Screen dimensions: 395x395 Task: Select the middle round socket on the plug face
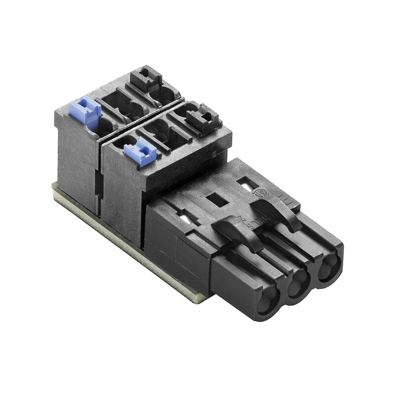(x=297, y=285)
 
